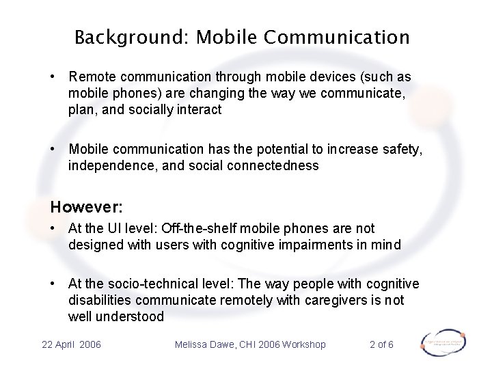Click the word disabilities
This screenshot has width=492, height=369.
coord(100,300)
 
